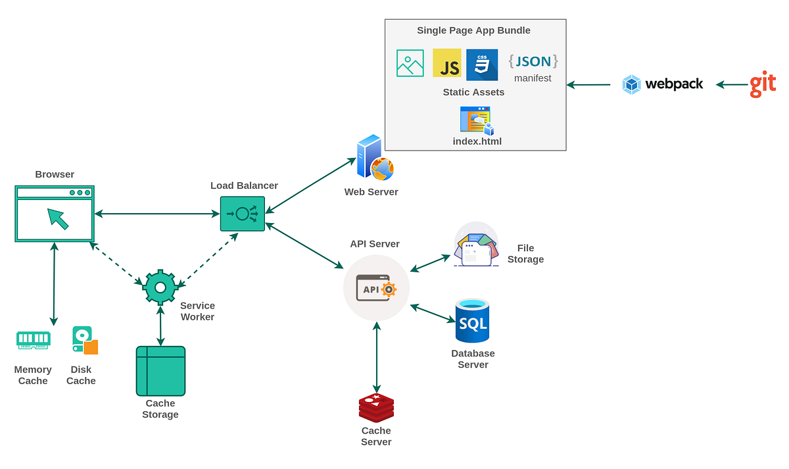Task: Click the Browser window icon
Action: (55, 214)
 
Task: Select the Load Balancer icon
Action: (242, 214)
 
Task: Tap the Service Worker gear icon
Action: (160, 287)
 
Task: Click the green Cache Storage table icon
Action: (160, 371)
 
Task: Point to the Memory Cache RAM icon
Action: (33, 339)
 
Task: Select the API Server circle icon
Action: (376, 288)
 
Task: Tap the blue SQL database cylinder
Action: (472, 321)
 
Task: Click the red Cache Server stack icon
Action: (376, 408)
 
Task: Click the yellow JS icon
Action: (447, 63)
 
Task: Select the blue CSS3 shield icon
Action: (482, 64)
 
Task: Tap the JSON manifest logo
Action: (533, 62)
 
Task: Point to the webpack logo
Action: (662, 84)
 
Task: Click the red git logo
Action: (763, 84)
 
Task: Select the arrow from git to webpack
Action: (732, 84)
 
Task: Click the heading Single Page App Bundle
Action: (473, 30)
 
